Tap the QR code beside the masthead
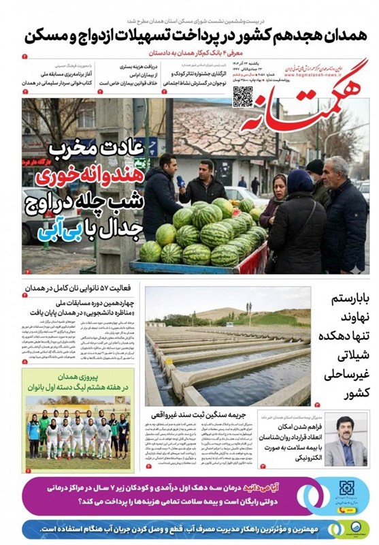coord(243,97)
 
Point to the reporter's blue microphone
coord(181,182)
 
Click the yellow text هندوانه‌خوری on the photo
coord(94,176)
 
